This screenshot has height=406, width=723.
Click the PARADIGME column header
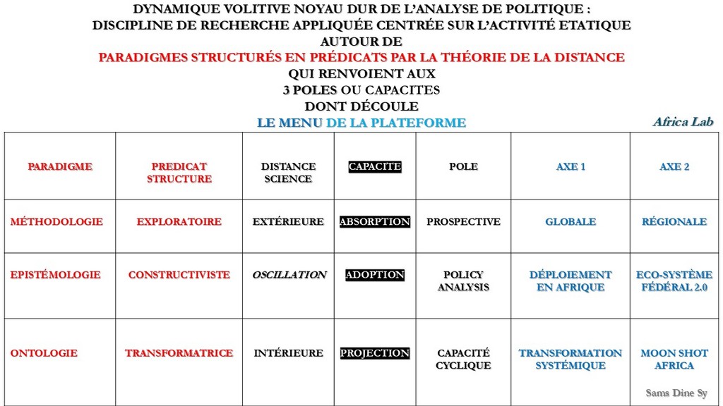point(60,167)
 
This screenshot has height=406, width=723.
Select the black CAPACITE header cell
point(375,167)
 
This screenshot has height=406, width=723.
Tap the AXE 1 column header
point(570,167)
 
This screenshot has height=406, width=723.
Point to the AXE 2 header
point(674,167)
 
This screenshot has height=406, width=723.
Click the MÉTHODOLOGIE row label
point(56,222)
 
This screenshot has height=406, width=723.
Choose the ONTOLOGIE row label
point(44,353)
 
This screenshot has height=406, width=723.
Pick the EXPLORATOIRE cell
point(179,222)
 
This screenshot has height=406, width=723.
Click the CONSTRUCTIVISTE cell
point(179,275)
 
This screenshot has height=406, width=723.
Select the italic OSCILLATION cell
point(289,275)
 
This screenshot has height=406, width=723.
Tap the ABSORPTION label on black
point(375,222)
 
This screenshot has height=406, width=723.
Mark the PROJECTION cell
point(375,353)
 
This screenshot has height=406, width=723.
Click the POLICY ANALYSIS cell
point(463,281)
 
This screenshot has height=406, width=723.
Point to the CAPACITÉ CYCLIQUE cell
point(463,359)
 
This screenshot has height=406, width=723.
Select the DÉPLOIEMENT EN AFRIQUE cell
point(570,281)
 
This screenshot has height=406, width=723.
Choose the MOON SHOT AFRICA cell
point(674,359)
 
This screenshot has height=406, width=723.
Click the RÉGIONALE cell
point(674,222)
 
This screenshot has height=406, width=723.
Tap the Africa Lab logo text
point(683,122)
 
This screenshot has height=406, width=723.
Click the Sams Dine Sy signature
point(676,393)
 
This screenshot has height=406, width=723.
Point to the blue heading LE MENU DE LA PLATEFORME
point(361,123)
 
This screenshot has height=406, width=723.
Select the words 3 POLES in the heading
point(310,90)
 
